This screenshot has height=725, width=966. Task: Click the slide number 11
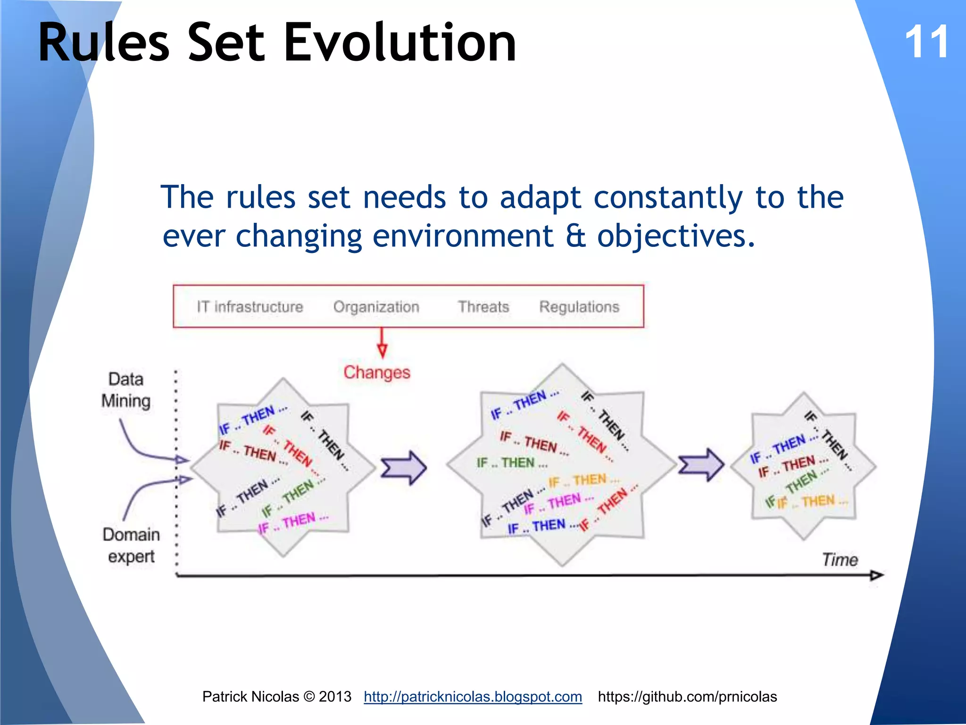927,42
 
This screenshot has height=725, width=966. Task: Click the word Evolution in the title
400,43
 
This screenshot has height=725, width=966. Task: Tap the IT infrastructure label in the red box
250,307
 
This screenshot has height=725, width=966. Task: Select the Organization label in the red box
376,307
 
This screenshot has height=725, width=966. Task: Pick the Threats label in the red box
483,307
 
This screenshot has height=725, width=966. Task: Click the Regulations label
579,307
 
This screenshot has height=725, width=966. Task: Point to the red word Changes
376,372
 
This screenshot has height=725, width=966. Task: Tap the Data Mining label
125,390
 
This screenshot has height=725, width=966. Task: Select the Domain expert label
131,545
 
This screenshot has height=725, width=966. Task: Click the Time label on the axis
840,560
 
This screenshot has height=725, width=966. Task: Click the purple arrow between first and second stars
404,468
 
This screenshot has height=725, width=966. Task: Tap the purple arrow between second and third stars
701,465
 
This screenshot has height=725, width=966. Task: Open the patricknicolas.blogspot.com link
473,697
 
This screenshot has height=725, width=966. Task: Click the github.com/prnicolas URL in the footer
687,697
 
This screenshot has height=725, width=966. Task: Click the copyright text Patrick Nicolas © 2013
277,697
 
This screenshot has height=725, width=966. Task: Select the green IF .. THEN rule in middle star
512,463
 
